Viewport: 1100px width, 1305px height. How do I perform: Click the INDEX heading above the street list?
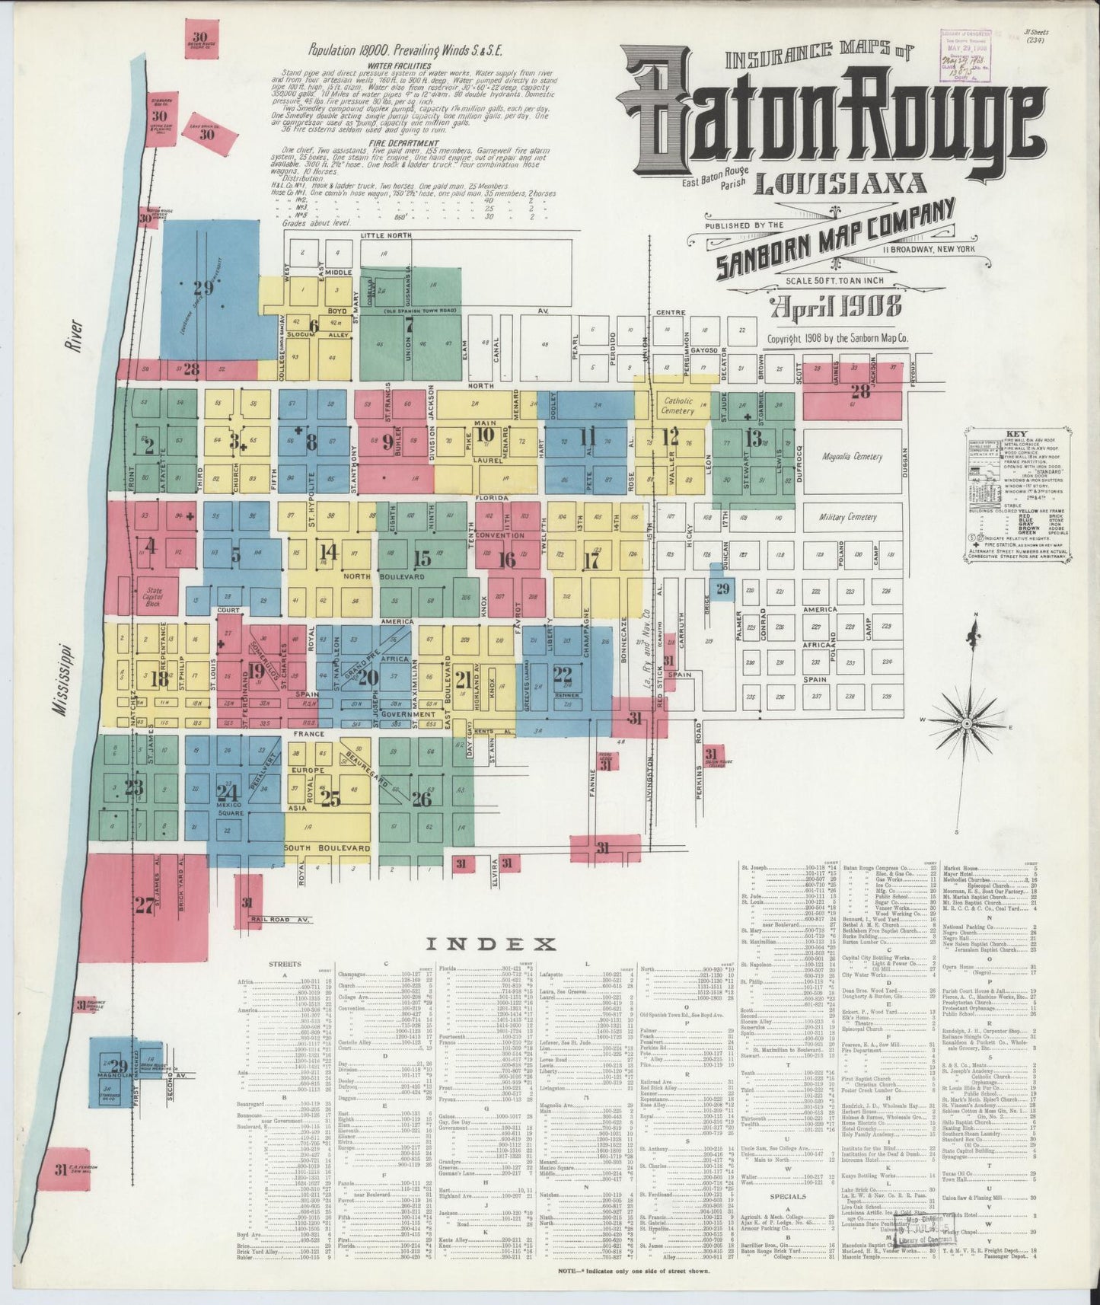489,945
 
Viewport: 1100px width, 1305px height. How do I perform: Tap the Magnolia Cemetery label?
852,457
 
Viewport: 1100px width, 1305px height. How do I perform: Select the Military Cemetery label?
848,517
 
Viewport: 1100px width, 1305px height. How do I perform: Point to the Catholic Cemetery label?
678,405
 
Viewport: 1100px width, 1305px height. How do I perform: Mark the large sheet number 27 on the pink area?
144,905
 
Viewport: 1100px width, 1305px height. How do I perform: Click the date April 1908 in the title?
836,308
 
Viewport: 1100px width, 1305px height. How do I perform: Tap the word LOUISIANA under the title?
840,183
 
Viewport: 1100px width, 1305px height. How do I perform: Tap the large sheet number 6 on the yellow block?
313,325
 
